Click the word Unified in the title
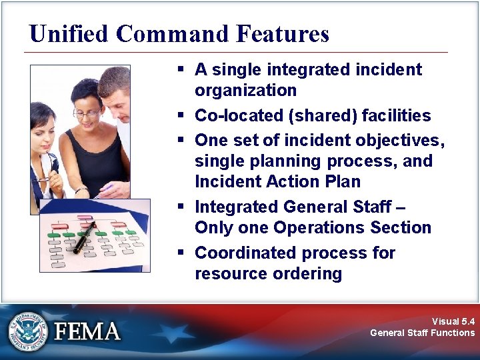coord(70,33)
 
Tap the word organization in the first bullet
coord(245,90)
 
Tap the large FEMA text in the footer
coord(87,331)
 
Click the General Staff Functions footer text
coord(422,333)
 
